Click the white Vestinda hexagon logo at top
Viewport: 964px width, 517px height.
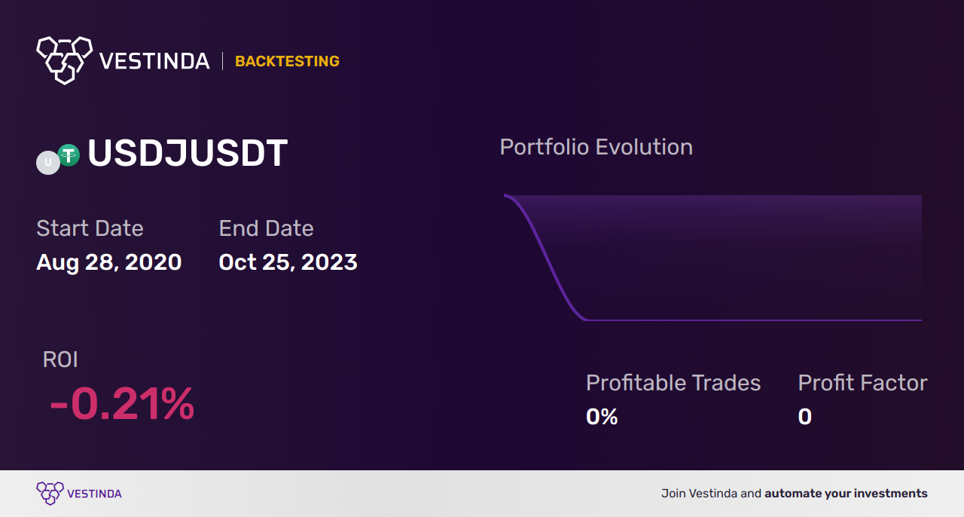65,60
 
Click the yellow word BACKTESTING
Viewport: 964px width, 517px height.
287,61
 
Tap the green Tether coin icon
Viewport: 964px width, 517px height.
69,155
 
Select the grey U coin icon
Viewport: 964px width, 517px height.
48,163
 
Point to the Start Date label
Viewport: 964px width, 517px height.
90,228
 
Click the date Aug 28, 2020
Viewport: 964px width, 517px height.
109,262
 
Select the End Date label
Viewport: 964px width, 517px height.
266,228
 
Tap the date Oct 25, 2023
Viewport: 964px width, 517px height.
288,262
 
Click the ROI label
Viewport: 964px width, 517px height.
60,359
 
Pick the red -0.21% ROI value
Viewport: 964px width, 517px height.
122,403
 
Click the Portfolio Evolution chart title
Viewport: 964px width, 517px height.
596,147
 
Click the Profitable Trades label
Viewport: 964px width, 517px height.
673,383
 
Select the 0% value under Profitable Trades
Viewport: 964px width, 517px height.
602,417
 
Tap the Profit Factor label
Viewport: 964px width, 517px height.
862,383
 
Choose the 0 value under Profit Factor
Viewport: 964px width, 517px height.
805,417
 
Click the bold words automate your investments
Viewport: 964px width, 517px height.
846,494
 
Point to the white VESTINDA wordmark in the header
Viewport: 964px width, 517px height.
154,61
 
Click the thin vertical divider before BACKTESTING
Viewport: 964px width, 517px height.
222,61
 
